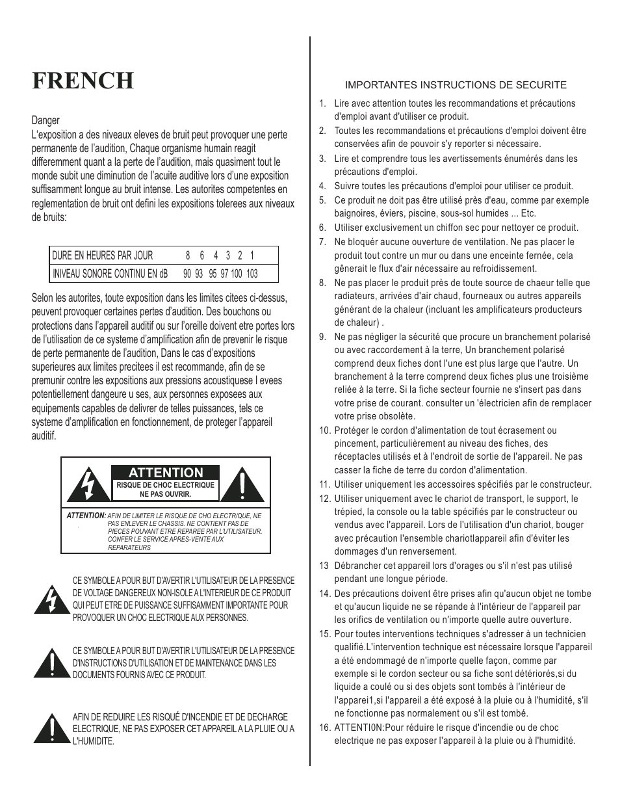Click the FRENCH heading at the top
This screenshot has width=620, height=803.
(x=83, y=81)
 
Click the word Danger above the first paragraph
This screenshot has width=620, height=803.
(x=45, y=120)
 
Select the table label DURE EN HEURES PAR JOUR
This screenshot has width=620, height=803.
(x=103, y=256)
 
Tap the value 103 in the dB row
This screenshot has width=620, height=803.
(x=252, y=274)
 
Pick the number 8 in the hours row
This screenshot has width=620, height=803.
(x=188, y=256)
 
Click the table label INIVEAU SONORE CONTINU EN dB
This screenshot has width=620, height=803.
(x=110, y=274)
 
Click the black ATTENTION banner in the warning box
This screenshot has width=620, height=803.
(x=165, y=473)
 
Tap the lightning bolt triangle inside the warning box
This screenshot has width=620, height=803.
(x=86, y=485)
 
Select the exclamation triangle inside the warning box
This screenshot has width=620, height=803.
(x=242, y=485)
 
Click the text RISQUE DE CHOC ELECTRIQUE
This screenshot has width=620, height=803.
(x=165, y=485)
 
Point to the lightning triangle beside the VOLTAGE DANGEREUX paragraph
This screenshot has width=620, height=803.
(x=51, y=599)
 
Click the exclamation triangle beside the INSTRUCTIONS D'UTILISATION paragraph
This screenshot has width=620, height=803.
(x=51, y=664)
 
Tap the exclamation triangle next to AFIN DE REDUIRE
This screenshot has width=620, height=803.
(x=51, y=729)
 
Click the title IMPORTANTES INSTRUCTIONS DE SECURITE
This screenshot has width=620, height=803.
(x=456, y=85)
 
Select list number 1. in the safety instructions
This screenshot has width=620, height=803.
(x=322, y=103)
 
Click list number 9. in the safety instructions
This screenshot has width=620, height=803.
(x=322, y=337)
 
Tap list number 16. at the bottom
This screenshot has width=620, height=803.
(x=324, y=728)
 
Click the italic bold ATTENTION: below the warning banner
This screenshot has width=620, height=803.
(x=86, y=516)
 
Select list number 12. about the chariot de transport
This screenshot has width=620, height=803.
(x=324, y=499)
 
